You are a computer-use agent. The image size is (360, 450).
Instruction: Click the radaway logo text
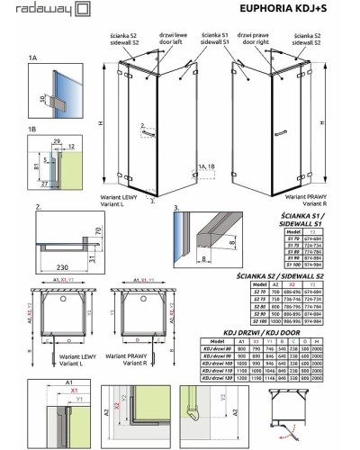27,9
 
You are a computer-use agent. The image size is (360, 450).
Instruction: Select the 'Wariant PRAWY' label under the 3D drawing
306,195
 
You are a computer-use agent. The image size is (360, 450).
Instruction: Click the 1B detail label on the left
9,130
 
